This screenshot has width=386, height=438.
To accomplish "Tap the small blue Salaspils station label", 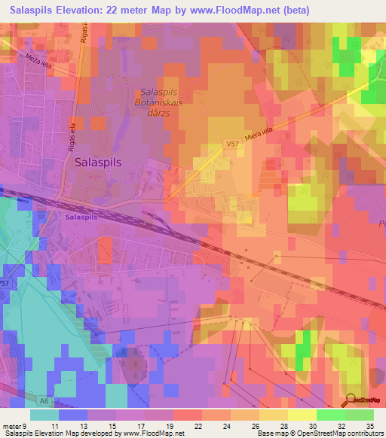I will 81,217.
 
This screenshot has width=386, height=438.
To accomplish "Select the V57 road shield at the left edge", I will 5,283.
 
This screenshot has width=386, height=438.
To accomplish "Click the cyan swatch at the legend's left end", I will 44,415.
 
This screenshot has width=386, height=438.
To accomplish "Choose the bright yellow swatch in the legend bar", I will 302,415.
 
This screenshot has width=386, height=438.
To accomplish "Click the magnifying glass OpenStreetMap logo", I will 352,400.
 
